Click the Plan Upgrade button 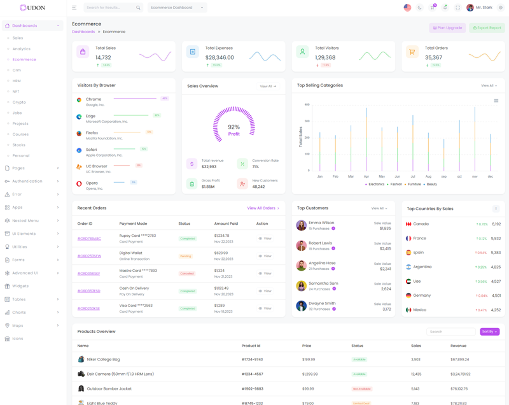point(447,28)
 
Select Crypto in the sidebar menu point(19,102)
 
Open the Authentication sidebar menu point(27,181)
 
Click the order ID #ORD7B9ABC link point(89,239)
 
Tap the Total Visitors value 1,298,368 point(325,57)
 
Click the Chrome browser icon point(79,100)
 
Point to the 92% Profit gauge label point(234,130)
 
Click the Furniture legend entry point(414,184)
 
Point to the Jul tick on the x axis point(413,176)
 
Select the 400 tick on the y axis point(307,104)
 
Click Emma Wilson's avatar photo point(301,225)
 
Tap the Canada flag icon point(408,224)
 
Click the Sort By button point(489,332)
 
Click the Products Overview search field point(450,332)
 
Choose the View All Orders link point(263,208)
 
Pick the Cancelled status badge point(186,274)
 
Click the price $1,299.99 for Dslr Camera point(310,374)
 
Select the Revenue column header point(458,346)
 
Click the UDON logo point(32,8)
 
